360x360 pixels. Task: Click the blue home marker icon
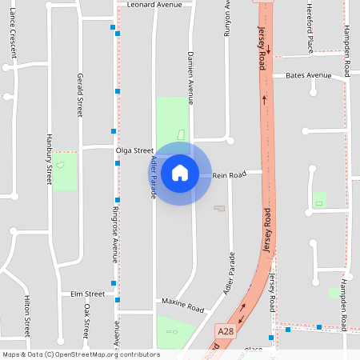179,173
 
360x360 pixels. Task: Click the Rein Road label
229,174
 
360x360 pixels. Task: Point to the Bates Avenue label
308,75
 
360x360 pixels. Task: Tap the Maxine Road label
183,304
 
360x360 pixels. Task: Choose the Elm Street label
88,294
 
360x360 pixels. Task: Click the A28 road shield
226,329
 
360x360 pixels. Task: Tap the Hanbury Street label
49,160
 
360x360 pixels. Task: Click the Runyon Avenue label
227,18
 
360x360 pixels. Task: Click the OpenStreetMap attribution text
81,354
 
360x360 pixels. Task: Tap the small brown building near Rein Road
219,208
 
